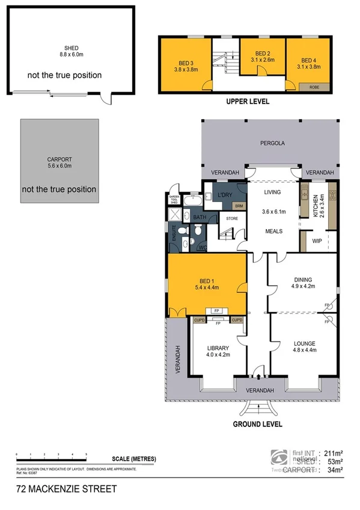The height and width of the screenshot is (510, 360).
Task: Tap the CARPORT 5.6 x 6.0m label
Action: click(58, 162)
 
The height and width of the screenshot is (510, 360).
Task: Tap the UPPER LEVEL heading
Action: click(248, 102)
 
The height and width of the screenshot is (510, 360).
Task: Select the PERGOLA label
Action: click(272, 144)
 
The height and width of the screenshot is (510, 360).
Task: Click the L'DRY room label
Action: click(225, 196)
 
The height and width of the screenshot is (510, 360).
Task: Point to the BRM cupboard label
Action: click(239, 206)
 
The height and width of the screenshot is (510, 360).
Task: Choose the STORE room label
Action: click(232, 218)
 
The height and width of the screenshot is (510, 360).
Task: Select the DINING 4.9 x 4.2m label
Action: click(302, 282)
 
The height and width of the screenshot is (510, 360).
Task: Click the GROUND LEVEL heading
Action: click(257, 423)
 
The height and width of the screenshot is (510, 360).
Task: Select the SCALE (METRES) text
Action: click(133, 459)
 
